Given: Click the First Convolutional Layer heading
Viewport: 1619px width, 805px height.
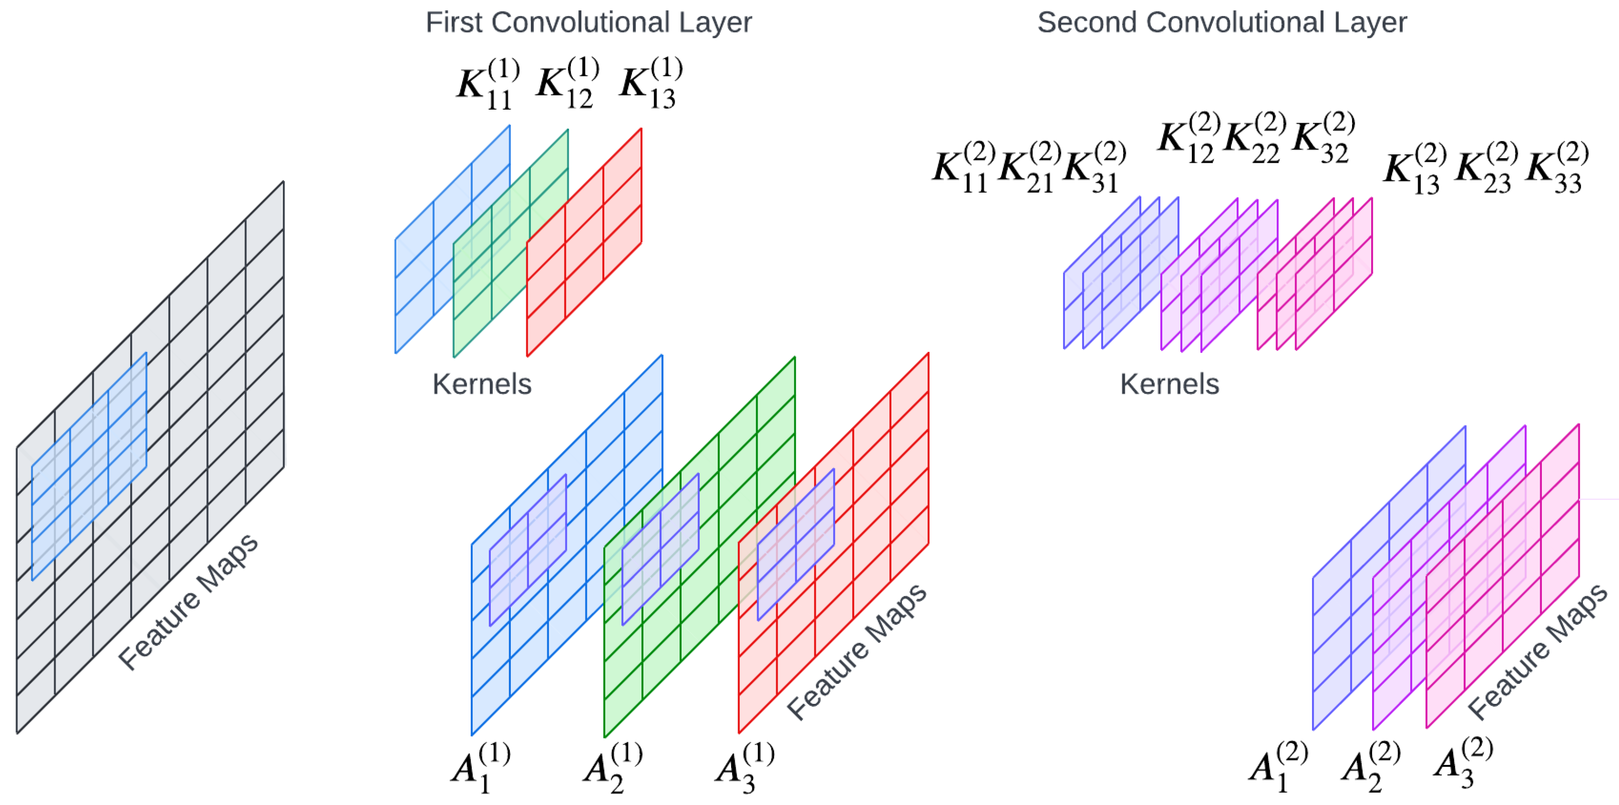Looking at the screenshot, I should tap(588, 23).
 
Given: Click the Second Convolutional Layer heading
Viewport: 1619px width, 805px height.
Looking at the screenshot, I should tap(1221, 23).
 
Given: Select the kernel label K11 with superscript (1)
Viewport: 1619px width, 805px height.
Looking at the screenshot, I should tap(488, 84).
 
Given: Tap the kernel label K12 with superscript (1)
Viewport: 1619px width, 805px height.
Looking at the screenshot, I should tap(567, 83).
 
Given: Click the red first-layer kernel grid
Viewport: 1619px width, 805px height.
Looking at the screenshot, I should tap(584, 242).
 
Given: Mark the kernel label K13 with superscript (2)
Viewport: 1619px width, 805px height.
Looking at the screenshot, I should tap(1415, 168).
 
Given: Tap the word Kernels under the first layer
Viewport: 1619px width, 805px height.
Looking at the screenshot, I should tap(481, 384).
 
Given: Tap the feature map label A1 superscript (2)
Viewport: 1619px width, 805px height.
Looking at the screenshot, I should tap(1278, 766).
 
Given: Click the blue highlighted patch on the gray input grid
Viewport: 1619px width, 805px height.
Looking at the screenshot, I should tap(89, 466).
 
